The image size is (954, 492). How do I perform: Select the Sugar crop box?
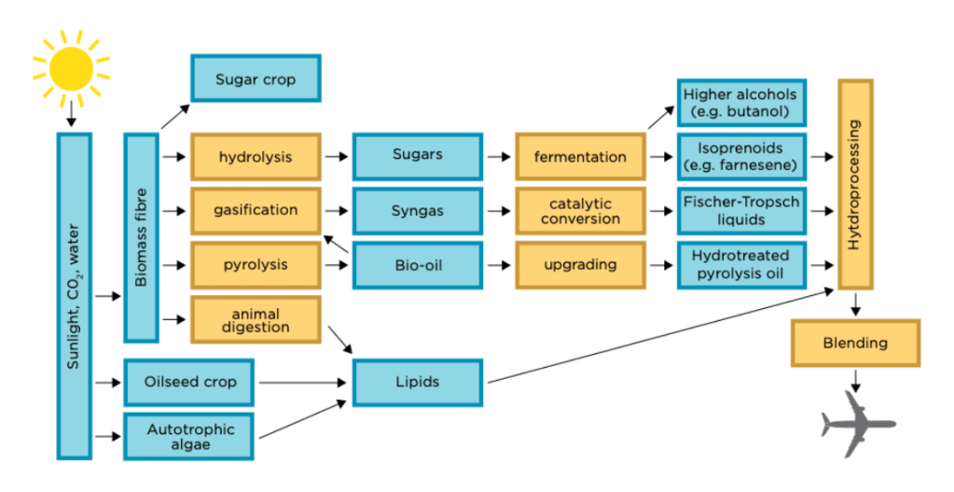(x=256, y=79)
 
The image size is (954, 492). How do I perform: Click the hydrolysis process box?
(x=256, y=157)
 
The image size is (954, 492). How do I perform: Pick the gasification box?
(x=256, y=210)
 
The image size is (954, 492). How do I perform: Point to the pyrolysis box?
(x=256, y=264)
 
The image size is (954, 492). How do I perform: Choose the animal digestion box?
(x=256, y=320)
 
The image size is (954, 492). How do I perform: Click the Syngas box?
(x=417, y=210)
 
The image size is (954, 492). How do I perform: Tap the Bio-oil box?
(x=417, y=264)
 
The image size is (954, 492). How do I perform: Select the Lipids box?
(x=417, y=382)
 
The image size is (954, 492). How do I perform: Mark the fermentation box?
(x=580, y=157)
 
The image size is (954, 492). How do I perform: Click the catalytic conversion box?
(x=580, y=211)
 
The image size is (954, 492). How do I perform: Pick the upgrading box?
(x=580, y=264)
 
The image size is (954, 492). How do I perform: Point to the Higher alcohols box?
(x=740, y=103)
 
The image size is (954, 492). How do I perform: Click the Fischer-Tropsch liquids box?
(x=740, y=211)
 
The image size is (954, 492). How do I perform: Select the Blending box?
(x=855, y=343)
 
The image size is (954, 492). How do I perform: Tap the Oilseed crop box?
(x=190, y=382)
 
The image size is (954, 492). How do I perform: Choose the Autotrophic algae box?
(x=190, y=437)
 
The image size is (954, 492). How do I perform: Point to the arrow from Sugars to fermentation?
(x=499, y=157)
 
